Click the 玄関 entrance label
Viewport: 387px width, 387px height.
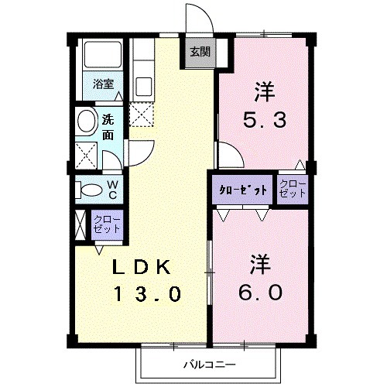point(200,53)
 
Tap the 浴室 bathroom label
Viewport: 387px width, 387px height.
point(103,84)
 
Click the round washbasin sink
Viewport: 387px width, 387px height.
point(87,122)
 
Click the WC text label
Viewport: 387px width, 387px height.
point(112,189)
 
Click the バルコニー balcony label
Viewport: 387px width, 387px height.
point(208,364)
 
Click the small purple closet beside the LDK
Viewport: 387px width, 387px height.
point(107,224)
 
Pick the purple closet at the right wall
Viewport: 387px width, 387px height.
point(293,190)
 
